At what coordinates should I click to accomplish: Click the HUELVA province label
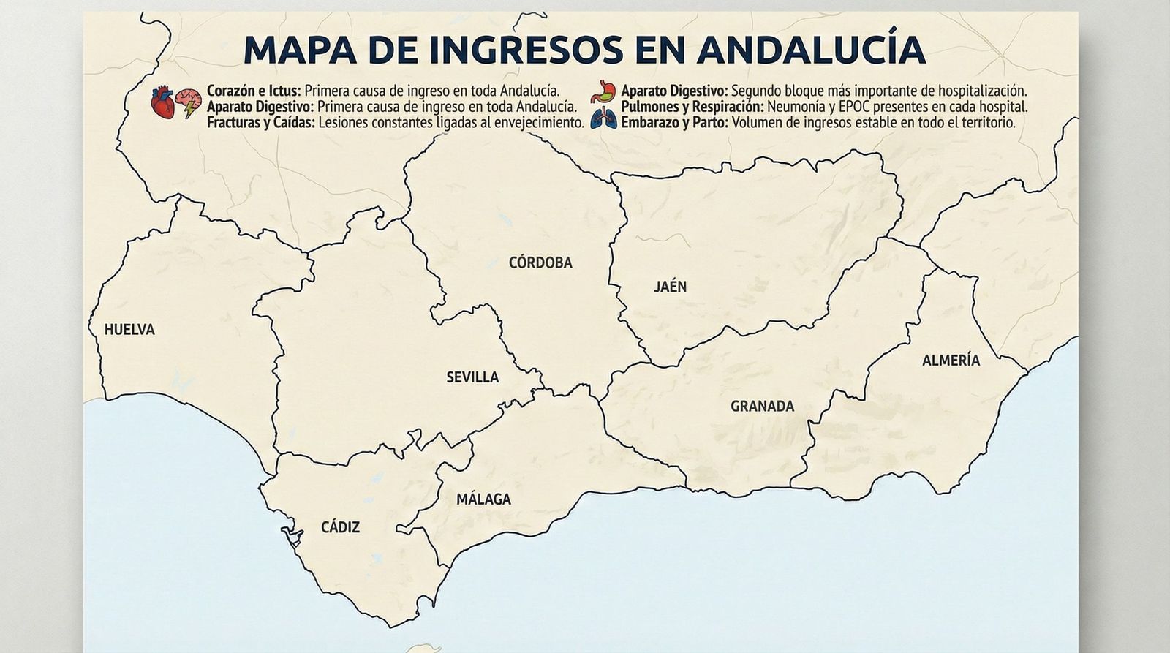[x=129, y=330]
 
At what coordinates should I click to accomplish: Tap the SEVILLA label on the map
[x=472, y=377]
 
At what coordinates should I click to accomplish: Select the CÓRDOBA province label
[x=540, y=263]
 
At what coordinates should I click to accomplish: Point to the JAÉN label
[x=670, y=287]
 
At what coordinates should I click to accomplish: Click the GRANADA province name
[x=762, y=407]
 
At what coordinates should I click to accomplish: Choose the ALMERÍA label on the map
[x=951, y=361]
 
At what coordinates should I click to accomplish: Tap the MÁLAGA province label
[x=483, y=499]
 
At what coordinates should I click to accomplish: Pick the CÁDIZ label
[x=340, y=527]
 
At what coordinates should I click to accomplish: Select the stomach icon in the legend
[x=602, y=92]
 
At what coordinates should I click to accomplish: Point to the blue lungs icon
[x=603, y=118]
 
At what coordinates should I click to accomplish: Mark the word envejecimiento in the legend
[x=538, y=123]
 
